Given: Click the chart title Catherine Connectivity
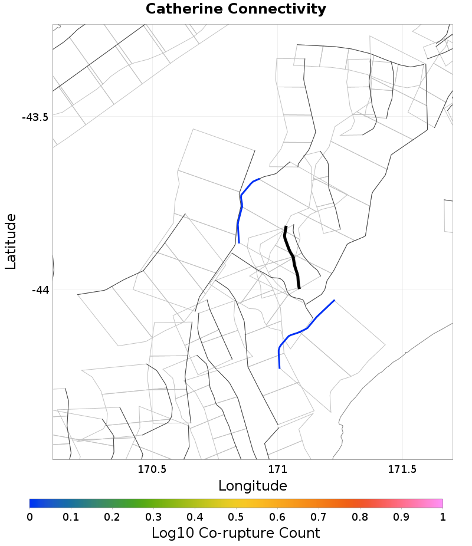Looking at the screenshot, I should (235, 9).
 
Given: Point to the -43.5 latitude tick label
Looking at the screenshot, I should (35, 117).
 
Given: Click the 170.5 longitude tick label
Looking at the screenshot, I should (152, 470).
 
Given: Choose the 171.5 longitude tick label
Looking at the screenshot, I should (402, 470).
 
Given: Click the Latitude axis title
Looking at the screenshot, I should (11, 242).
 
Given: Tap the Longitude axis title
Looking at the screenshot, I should (253, 486).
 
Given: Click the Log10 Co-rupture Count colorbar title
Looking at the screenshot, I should (235, 533).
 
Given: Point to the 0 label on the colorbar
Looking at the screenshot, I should (29, 517).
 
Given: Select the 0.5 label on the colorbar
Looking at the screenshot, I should (236, 517).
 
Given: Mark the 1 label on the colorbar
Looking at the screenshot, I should (442, 517).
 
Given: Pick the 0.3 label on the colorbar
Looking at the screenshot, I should (153, 517).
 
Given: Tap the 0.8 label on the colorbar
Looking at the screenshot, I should (360, 517).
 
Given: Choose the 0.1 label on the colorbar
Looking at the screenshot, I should (71, 517).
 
